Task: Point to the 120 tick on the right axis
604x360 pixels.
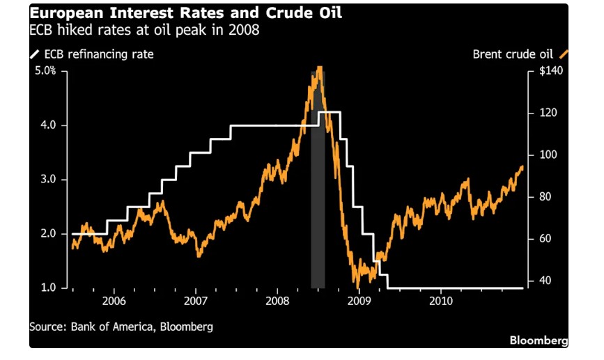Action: (539, 113)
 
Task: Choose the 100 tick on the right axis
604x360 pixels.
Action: (539, 155)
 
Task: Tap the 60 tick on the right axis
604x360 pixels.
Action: (537, 239)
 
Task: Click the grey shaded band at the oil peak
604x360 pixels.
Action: (318, 209)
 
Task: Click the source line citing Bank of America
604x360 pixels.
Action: (121, 326)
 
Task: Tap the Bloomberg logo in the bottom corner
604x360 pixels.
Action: (539, 341)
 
